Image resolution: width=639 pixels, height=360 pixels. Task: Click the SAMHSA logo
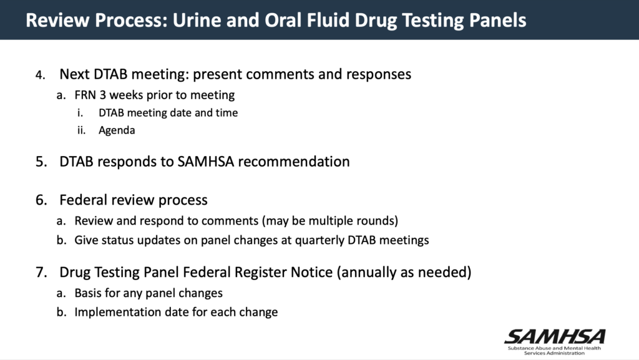click(554, 341)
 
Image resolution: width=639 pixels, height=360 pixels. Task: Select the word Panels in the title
click(497, 20)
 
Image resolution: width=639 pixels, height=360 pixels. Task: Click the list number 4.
click(40, 75)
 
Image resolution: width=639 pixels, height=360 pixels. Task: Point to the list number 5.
click(40, 162)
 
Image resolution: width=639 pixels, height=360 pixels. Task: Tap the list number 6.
click(40, 201)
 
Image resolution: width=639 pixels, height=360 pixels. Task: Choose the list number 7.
click(40, 273)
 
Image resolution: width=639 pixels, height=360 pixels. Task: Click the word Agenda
click(117, 130)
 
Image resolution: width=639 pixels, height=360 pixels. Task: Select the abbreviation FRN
click(86, 95)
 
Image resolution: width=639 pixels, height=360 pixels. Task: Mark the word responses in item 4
click(378, 74)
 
